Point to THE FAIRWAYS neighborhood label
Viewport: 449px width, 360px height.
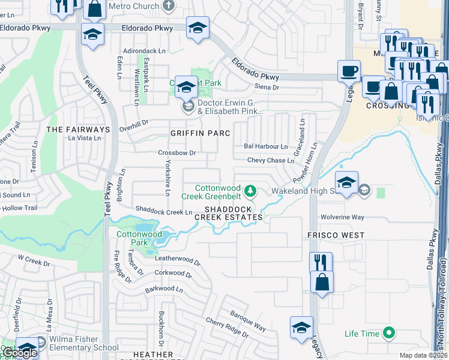79,130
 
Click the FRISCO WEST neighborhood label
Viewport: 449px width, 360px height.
336,235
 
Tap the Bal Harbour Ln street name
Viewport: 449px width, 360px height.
266,146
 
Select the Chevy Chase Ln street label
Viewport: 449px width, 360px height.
271,160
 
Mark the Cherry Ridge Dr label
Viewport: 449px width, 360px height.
226,327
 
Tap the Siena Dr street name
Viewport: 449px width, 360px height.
268,88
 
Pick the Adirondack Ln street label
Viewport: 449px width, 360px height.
143,51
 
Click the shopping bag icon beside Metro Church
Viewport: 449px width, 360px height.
95,10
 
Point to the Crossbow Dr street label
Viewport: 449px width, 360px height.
177,153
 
